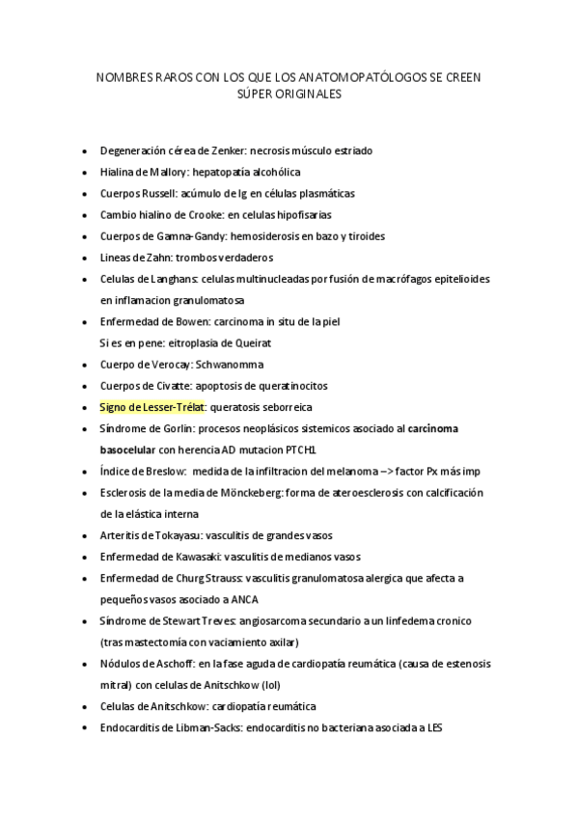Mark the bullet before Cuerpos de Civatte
(x=87, y=386)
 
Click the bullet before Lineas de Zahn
(x=87, y=258)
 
